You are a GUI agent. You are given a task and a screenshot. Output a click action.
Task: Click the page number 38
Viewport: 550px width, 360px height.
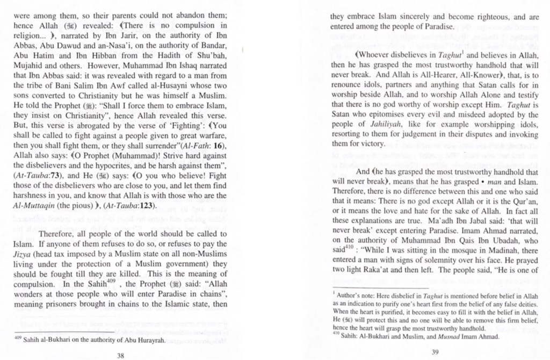pyautogui.click(x=120, y=355)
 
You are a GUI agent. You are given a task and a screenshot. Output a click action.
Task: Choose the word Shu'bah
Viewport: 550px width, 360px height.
pyautogui.click(x=214, y=55)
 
